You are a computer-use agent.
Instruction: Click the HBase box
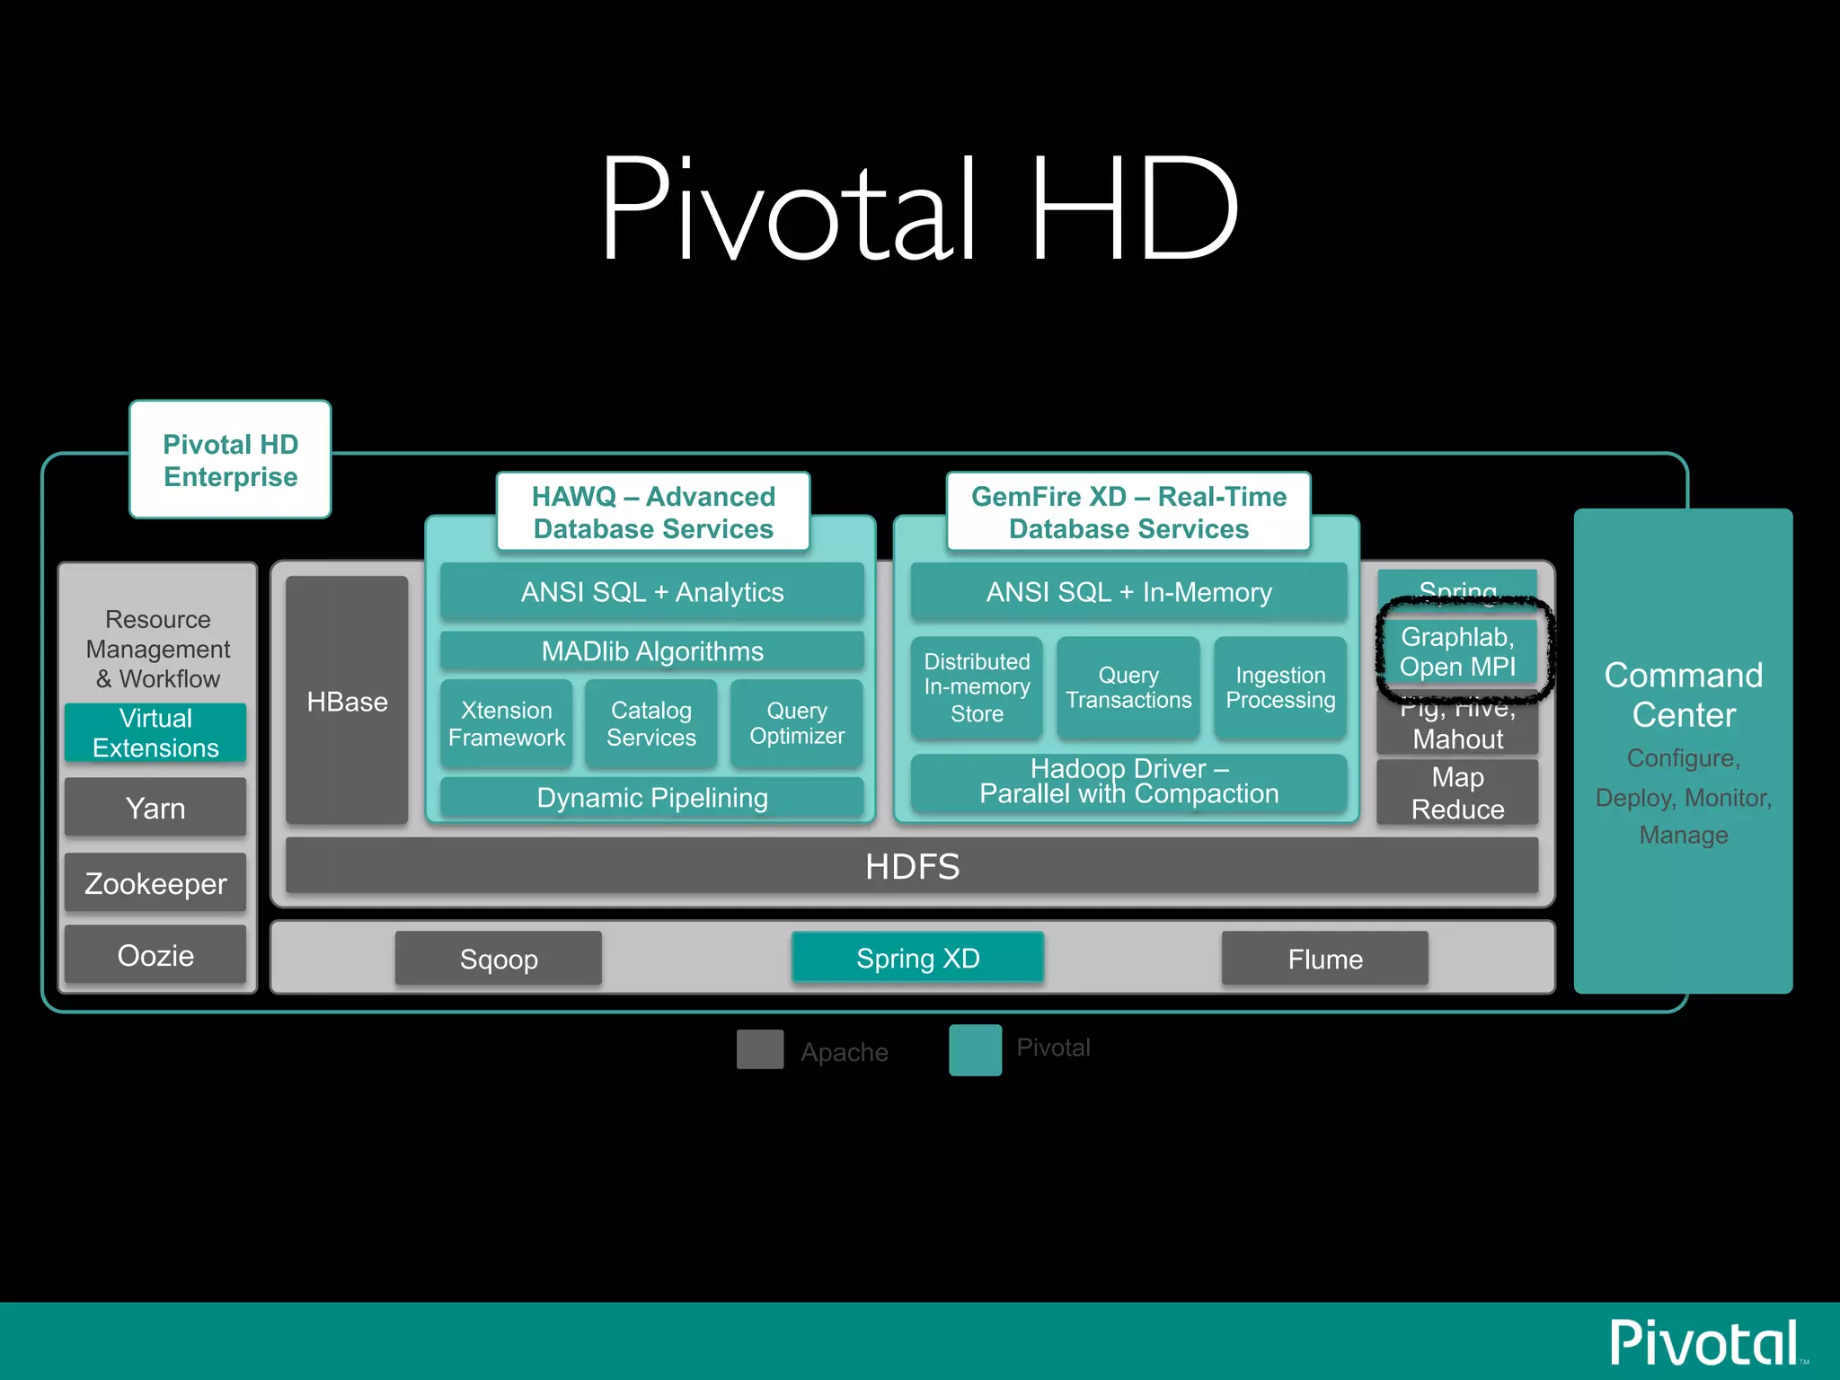[347, 701]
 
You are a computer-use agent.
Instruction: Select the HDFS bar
[911, 866]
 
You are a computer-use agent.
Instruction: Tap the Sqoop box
[499, 959]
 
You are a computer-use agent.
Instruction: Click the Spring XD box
[917, 958]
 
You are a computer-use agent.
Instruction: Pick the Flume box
[1324, 959]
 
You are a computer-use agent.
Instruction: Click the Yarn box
[155, 808]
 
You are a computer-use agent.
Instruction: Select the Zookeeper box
[155, 883]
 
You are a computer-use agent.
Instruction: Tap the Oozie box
[155, 955]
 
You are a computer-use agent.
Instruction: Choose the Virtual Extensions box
[155, 733]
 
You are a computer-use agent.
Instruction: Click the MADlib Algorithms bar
[652, 650]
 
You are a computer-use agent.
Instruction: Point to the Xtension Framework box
[507, 723]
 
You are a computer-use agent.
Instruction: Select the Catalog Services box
[651, 723]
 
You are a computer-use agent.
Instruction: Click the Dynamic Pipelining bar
[652, 797]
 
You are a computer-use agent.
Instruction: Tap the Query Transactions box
[1128, 687]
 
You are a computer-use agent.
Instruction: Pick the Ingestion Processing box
[1280, 687]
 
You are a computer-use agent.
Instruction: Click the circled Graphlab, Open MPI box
[1457, 651]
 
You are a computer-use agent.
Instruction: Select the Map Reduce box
[1457, 793]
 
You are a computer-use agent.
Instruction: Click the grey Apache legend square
[760, 1049]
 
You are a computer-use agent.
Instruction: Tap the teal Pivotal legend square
[975, 1049]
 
